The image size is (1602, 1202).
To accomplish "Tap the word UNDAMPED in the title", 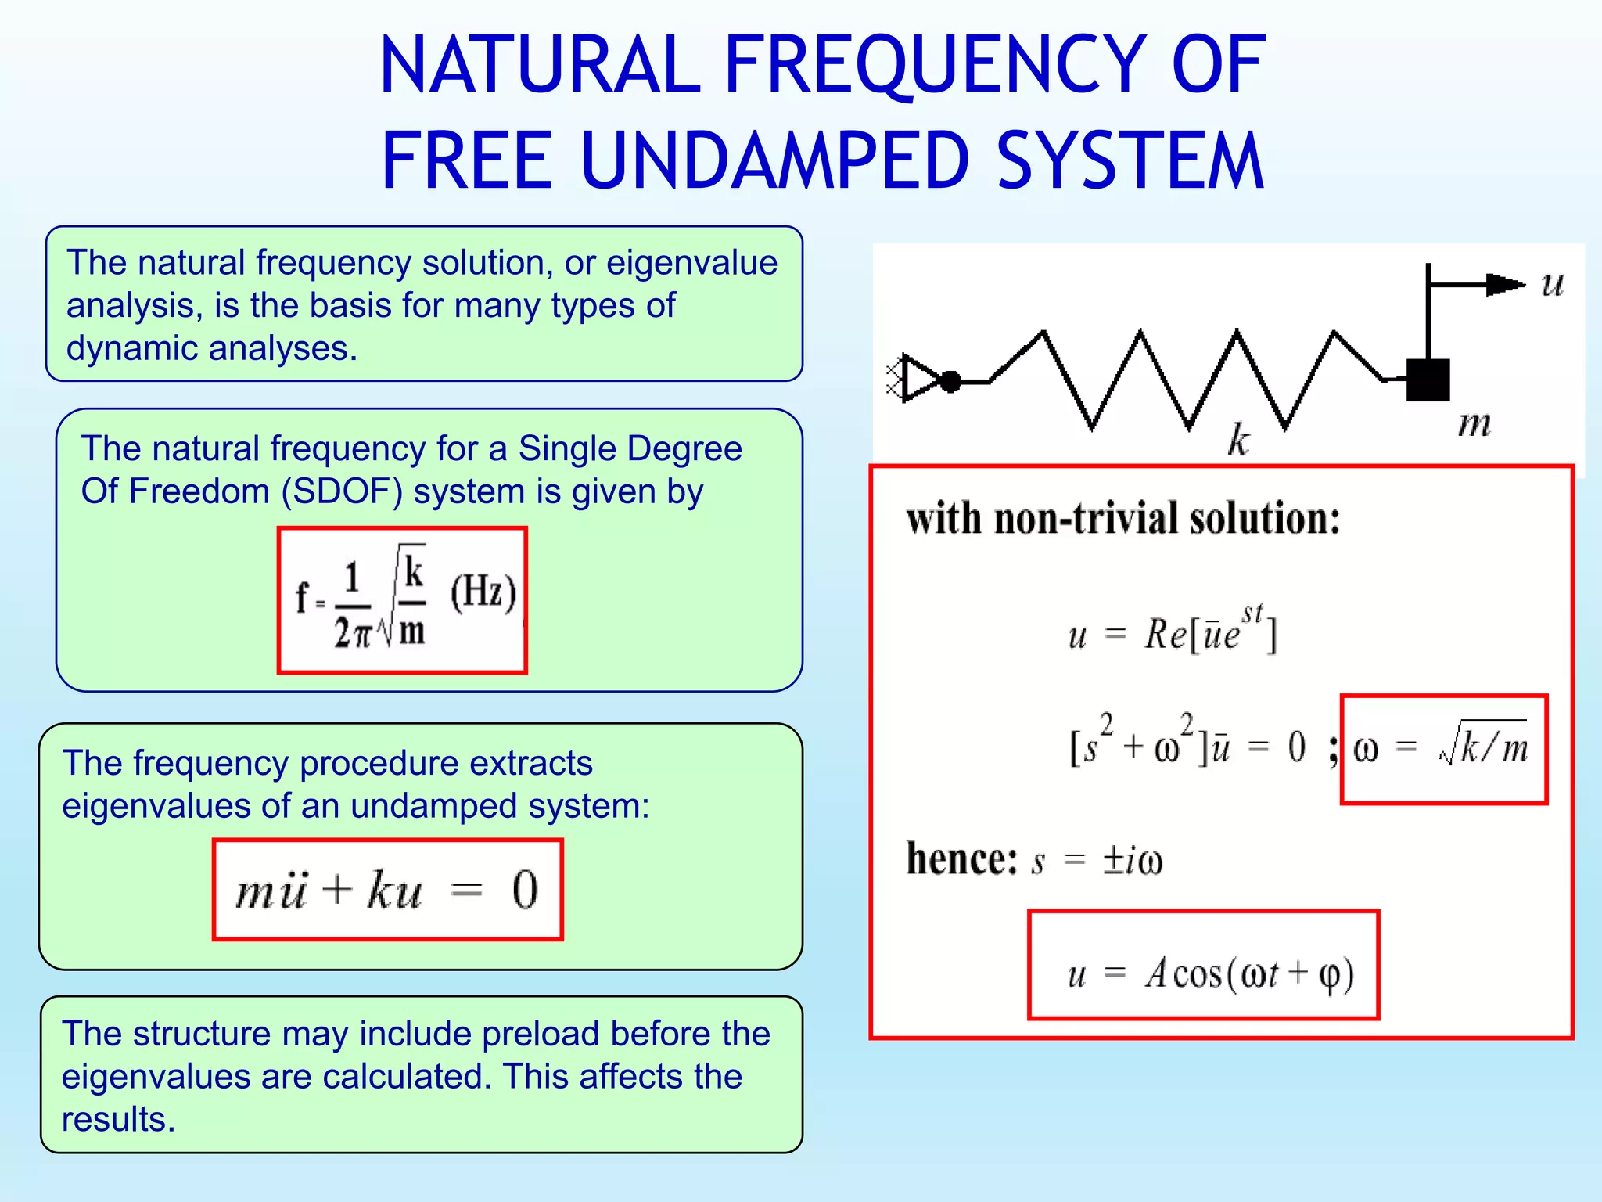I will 774,162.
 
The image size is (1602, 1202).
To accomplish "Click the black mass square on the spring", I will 1428,380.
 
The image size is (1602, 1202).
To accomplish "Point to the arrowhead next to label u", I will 1503,284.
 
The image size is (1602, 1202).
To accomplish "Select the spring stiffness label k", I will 1237,439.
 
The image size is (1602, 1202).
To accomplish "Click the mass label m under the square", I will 1474,425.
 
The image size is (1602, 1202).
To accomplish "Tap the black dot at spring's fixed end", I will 950,382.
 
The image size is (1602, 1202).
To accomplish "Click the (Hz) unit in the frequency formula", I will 483,592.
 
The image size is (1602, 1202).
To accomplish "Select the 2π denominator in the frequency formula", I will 351,632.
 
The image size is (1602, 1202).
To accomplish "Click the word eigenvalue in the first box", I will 691,263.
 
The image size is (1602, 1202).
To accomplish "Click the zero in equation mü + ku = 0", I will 525,890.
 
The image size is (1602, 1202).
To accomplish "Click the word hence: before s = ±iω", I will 961,859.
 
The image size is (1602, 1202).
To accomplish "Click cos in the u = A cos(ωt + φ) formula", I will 1197,974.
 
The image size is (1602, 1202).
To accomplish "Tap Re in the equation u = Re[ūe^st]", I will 1166,633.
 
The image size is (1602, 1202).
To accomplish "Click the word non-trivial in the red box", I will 1086,519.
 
